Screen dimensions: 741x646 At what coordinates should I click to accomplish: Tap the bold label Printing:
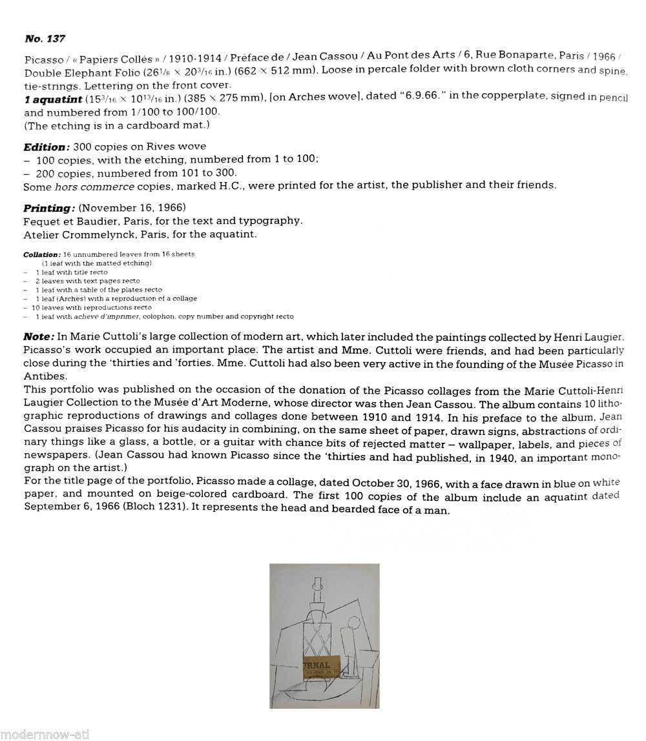[x=49, y=208]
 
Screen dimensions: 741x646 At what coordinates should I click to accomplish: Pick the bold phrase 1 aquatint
[x=53, y=97]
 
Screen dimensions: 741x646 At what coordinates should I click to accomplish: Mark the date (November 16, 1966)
[x=132, y=208]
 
